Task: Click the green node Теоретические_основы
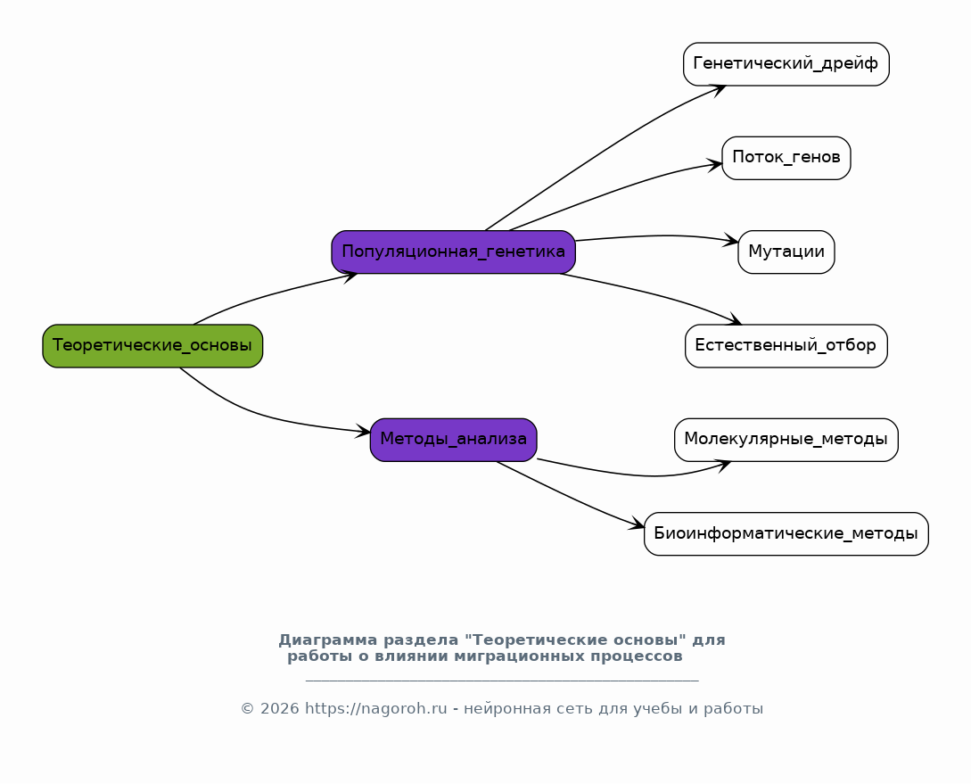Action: tap(152, 345)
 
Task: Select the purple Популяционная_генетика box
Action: tap(453, 252)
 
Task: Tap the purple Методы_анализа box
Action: tap(453, 440)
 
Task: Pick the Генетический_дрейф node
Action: tap(786, 64)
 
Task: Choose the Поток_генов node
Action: tap(786, 158)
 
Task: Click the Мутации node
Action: tap(786, 252)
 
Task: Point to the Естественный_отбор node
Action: tap(786, 345)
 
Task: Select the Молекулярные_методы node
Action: tap(786, 440)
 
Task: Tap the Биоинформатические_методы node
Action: tap(786, 533)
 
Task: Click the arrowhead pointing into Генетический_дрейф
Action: tap(719, 90)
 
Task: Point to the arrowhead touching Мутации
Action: tap(731, 241)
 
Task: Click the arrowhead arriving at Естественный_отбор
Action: tap(735, 319)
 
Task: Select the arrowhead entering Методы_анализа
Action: tap(363, 432)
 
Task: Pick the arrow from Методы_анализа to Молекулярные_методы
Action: tap(638, 475)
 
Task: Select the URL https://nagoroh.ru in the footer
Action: tap(376, 709)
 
